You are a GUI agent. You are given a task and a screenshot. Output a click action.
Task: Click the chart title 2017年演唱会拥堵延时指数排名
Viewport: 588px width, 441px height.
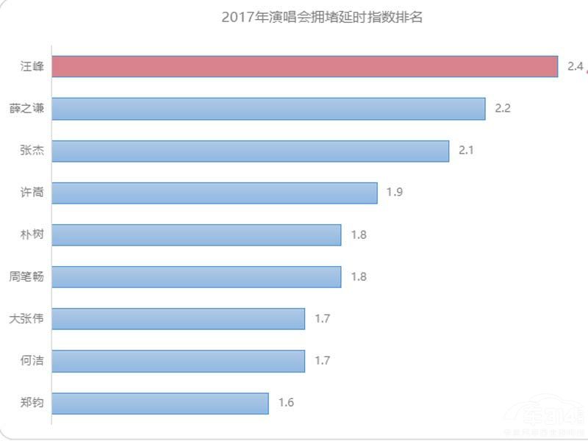[x=322, y=17]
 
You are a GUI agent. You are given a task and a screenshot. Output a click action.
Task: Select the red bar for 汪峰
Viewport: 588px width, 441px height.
[x=305, y=66]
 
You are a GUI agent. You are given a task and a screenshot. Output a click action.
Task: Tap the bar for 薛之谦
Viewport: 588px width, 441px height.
[x=269, y=109]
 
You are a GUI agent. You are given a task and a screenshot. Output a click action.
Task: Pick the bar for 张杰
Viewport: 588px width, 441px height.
[x=251, y=151]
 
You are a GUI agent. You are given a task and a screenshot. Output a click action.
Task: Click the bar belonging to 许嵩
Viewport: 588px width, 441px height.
[x=215, y=193]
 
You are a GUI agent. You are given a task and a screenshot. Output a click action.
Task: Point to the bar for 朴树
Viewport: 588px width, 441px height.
[x=197, y=235]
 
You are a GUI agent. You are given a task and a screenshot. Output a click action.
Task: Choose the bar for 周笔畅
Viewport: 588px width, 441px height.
[x=197, y=277]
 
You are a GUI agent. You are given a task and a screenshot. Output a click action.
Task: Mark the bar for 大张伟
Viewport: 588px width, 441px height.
[x=179, y=319]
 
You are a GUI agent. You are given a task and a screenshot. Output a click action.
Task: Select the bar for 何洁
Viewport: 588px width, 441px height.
[x=179, y=361]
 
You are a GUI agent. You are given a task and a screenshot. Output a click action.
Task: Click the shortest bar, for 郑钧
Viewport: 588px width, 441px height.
[x=160, y=403]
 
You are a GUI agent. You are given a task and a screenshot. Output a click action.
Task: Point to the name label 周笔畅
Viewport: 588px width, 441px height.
[x=27, y=277]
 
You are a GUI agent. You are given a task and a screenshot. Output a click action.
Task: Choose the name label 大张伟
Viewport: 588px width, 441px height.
[x=27, y=319]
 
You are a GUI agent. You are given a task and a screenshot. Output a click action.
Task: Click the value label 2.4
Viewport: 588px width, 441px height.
[x=575, y=67]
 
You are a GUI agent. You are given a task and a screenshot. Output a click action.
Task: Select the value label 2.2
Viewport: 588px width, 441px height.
[x=503, y=109]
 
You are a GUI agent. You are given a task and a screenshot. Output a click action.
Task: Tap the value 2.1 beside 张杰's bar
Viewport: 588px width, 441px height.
[x=467, y=151]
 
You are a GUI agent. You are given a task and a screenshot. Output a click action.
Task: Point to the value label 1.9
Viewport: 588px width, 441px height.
[x=395, y=193]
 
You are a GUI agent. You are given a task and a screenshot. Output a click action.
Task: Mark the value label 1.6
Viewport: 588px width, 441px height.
[x=286, y=403]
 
